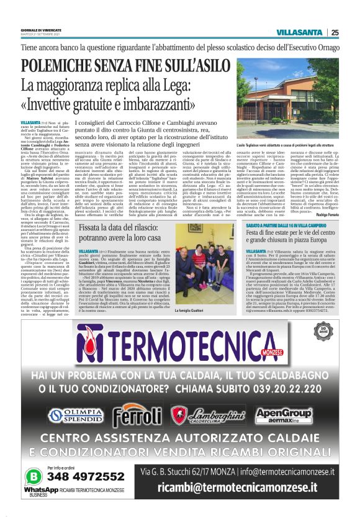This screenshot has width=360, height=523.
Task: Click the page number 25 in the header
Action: pyautogui.click(x=335, y=32)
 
